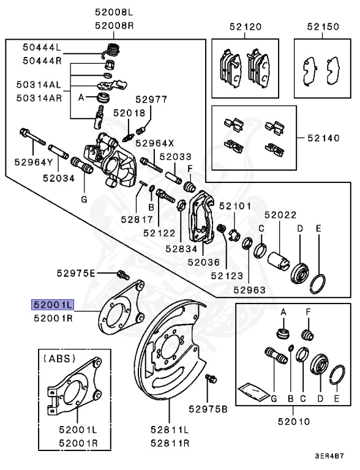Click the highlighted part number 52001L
(x=53, y=304)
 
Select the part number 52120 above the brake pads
(x=245, y=27)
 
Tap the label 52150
(x=323, y=27)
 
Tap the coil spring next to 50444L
(x=111, y=49)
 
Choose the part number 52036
(x=203, y=261)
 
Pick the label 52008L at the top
(x=113, y=12)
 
